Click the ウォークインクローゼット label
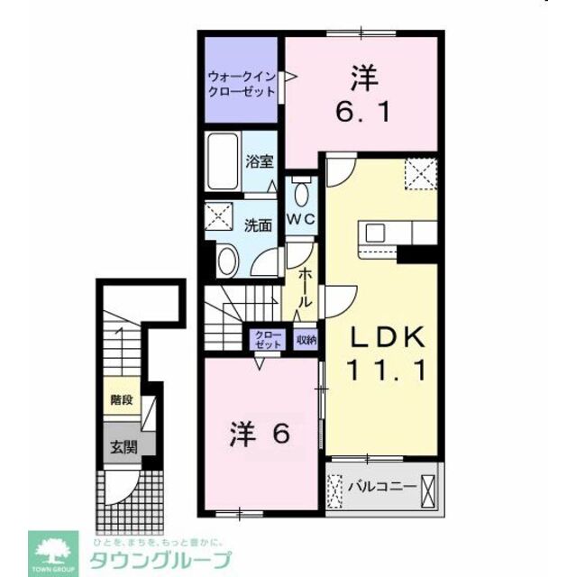coord(240,83)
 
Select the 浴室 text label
coord(261,162)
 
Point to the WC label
coord(299,219)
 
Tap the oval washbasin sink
coord(226,261)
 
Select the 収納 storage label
coord(306,340)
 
